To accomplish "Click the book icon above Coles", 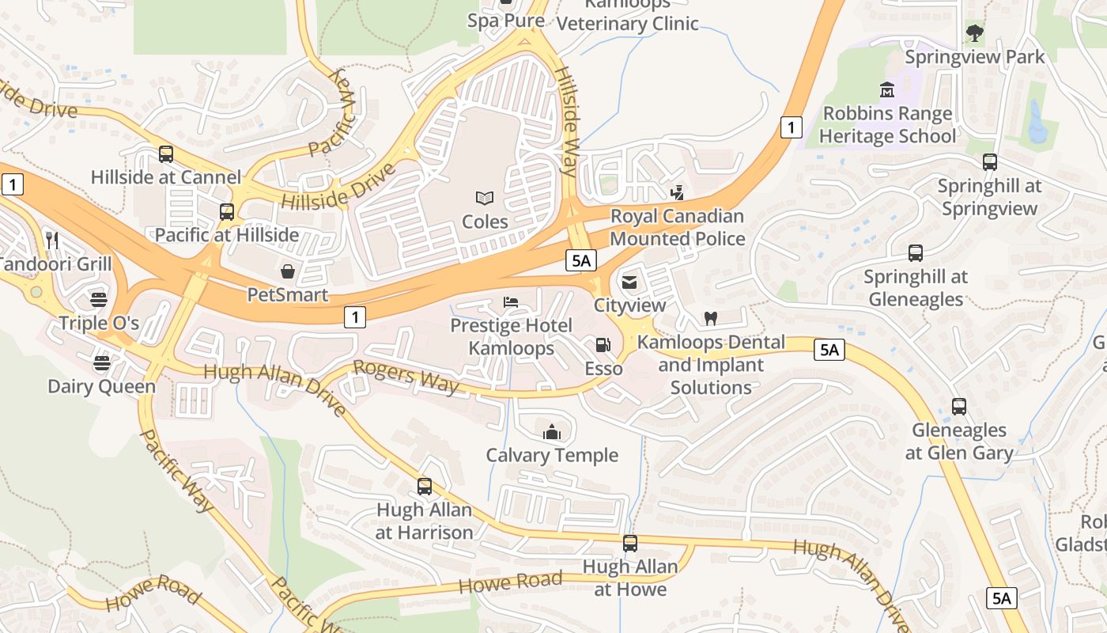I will point(484,198).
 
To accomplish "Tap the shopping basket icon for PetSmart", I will point(288,271).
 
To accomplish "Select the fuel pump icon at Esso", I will point(603,345).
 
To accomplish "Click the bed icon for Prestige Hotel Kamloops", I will point(511,302).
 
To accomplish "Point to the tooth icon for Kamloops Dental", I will point(710,319).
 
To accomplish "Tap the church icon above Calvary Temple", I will point(552,432).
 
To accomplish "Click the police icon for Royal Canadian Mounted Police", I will point(676,192).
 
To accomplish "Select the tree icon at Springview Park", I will point(974,33).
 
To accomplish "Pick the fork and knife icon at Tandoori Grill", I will point(52,240).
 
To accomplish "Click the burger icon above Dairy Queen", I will point(101,363).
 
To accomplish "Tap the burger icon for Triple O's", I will point(99,300).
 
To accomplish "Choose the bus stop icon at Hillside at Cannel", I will point(166,154).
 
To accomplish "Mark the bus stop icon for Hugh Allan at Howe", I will point(629,544).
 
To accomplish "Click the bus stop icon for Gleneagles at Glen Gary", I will point(958,407).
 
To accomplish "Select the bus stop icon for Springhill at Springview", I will point(989,162).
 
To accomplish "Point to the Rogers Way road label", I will point(406,377).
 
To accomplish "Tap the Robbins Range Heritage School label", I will point(887,125).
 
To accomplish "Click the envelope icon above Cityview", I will point(629,282).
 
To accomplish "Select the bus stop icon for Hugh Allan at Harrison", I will point(425,487).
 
